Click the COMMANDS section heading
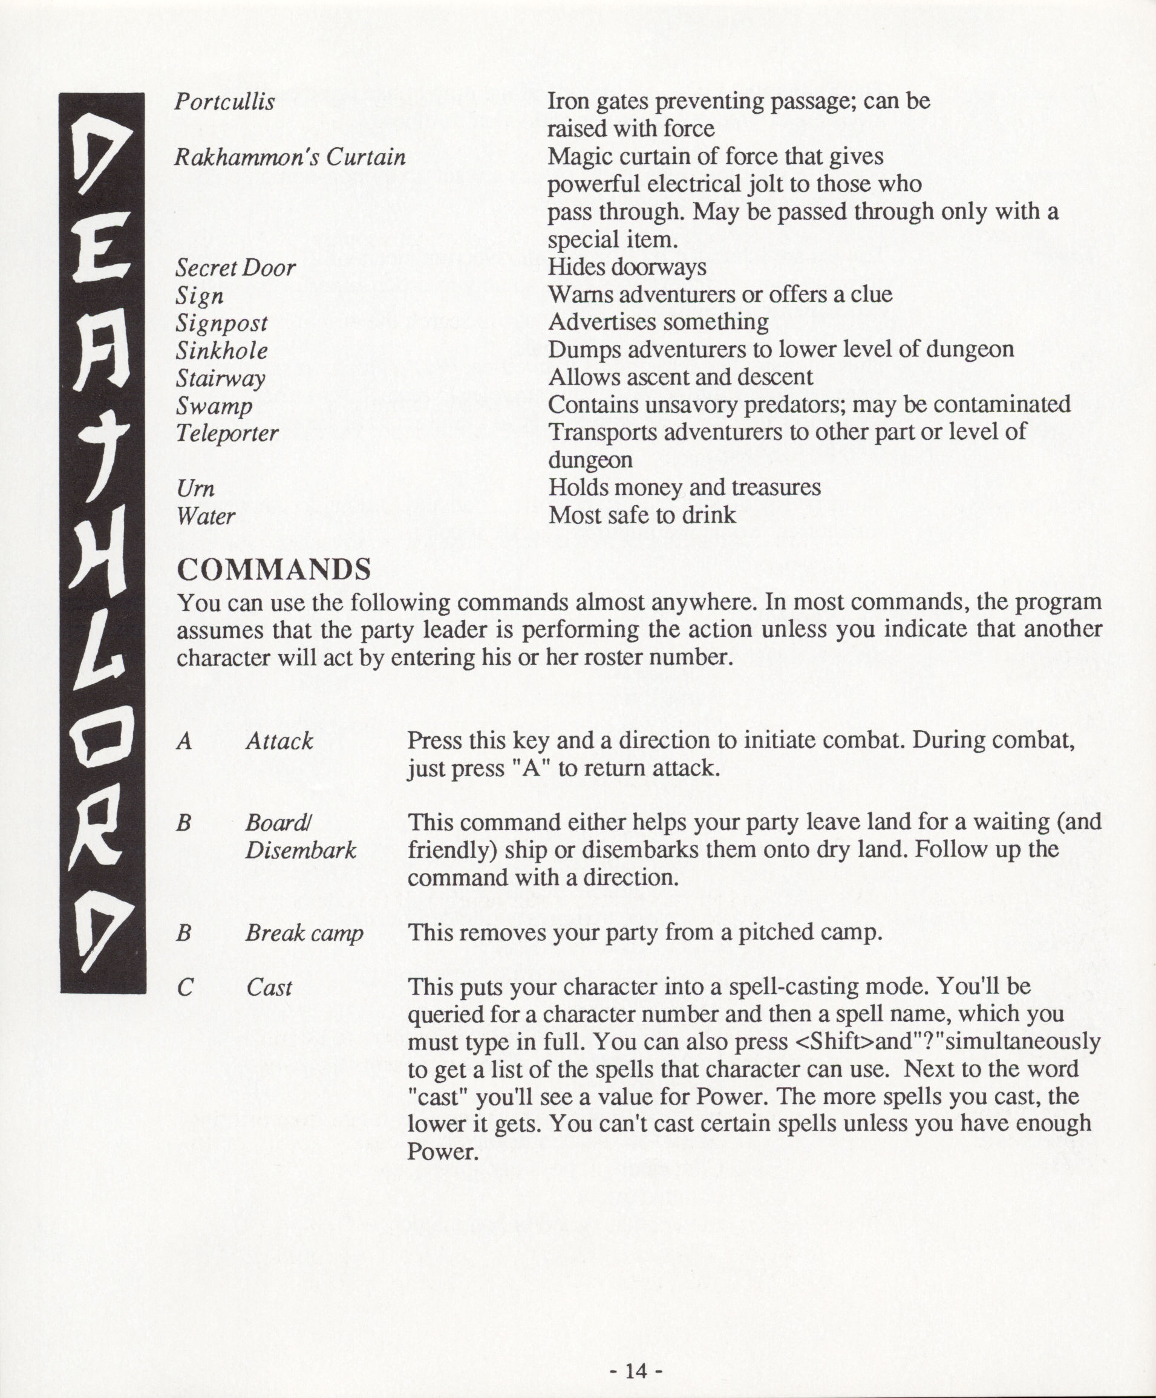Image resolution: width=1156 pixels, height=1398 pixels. click(274, 570)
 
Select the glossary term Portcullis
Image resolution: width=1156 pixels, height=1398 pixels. click(224, 102)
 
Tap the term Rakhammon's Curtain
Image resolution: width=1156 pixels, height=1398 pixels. click(290, 158)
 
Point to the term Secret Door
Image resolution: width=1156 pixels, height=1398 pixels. click(235, 268)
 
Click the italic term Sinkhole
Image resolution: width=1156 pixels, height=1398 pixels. click(221, 351)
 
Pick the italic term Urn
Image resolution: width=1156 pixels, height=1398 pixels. click(195, 489)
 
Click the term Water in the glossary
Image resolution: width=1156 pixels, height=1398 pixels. click(206, 517)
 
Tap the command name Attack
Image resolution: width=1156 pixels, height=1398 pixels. click(279, 742)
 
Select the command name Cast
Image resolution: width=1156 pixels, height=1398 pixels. click(269, 987)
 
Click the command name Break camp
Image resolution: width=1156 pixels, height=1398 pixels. click(304, 933)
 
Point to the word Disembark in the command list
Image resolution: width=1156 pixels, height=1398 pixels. click(301, 851)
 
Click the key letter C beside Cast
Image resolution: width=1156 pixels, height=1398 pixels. click(185, 987)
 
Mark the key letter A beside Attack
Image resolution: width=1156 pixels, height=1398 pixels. click(185, 742)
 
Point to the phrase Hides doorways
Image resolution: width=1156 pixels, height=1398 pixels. click(627, 267)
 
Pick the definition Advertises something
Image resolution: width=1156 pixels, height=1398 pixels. click(658, 323)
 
